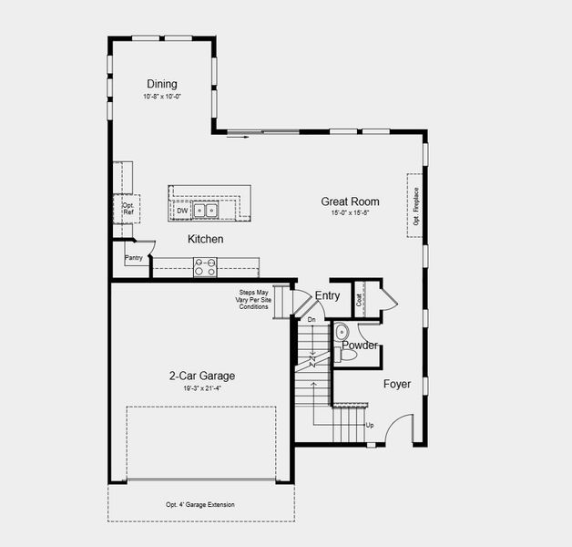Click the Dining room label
pos(162,84)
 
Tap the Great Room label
pos(350,201)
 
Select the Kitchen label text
pos(205,239)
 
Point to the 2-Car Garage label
pos(201,376)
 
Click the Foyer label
pos(396,385)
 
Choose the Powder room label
pos(360,346)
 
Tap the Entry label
pos(327,295)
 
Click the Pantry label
pos(134,258)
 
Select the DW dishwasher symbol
pos(182,211)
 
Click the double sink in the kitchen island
pos(205,211)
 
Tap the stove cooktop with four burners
pos(205,266)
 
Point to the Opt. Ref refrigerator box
pos(128,208)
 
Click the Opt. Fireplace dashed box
pos(415,205)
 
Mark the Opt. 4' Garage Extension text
pos(200,505)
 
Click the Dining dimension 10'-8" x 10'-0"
pos(162,97)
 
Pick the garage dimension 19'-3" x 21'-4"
pos(201,388)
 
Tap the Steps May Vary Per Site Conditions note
pos(254,299)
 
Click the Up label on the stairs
pos(369,426)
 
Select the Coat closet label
pos(360,297)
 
